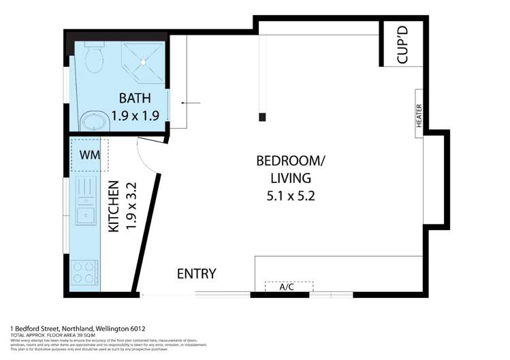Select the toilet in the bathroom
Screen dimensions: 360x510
(x=93, y=57)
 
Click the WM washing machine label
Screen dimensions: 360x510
(x=89, y=155)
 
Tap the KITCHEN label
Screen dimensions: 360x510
(x=114, y=206)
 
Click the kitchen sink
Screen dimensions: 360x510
(x=86, y=204)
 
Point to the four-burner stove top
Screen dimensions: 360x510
(x=85, y=273)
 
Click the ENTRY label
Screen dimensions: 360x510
(x=196, y=274)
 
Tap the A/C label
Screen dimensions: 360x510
(x=287, y=288)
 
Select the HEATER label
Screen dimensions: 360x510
(x=419, y=116)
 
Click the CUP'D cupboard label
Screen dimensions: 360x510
(x=402, y=44)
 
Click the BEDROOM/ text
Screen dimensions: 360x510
(x=291, y=161)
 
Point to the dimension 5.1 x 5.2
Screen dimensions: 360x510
(x=291, y=196)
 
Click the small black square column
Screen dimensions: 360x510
(x=261, y=118)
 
